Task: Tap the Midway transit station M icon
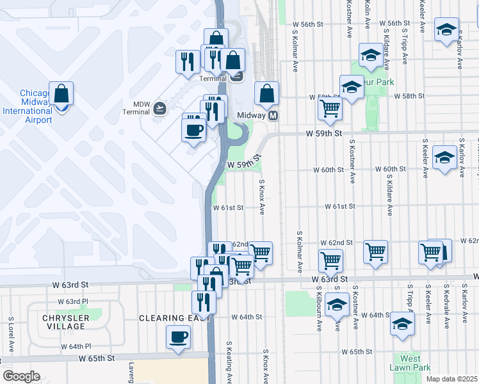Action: coord(273,116)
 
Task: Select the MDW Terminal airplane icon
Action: coord(159,108)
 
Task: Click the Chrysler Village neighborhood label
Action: coord(63,322)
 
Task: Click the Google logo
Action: coord(21,376)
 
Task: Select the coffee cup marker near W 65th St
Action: coord(178,336)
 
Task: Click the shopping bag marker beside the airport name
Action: coord(61,93)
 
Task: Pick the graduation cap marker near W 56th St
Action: coord(446,29)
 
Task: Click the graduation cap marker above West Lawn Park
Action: coord(402,324)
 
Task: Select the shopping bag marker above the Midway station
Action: coord(266,93)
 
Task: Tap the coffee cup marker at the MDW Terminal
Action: coord(193,130)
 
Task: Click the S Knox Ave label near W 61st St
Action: coord(262,196)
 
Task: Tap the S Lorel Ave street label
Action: coord(12,335)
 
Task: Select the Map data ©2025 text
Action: coord(451,379)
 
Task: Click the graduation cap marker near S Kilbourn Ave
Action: coord(336,305)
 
